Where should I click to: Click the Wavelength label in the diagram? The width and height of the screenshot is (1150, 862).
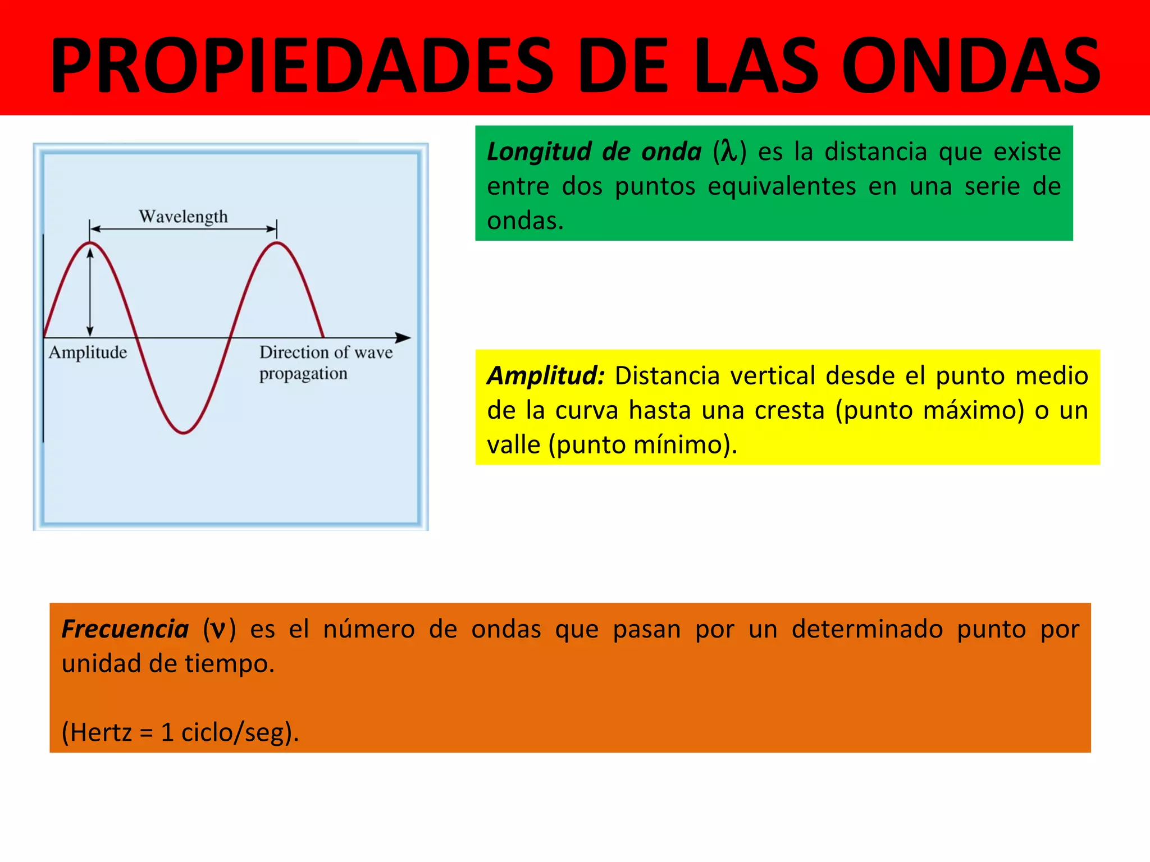pos(183,217)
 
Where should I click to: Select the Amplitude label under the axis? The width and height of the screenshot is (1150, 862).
pos(88,352)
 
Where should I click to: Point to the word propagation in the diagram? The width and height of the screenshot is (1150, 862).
pos(303,374)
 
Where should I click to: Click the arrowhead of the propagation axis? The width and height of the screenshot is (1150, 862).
pos(404,338)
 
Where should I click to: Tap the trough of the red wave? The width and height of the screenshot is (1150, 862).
pos(184,432)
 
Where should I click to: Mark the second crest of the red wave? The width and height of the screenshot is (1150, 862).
pos(277,243)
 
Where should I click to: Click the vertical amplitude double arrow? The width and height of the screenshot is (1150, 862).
pos(90,292)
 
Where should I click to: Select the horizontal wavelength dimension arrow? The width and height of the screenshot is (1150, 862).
pos(183,229)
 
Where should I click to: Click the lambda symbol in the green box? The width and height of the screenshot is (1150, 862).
pos(729,152)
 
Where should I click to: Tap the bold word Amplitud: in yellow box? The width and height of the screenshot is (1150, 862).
pos(545,375)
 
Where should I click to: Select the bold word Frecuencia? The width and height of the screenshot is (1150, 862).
pos(125,629)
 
